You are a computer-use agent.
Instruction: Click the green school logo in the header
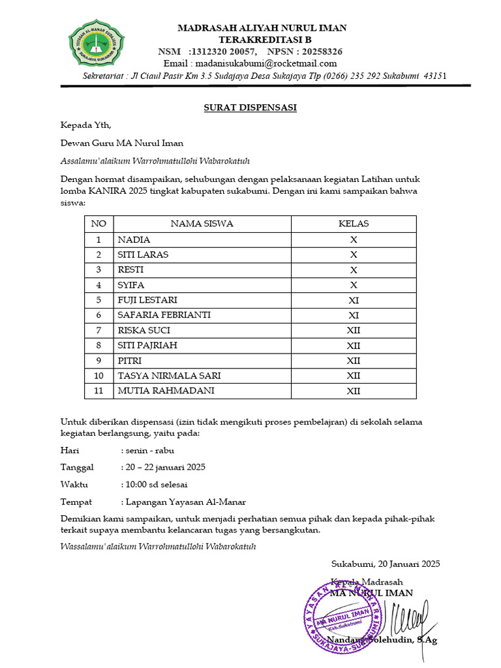coord(97,43)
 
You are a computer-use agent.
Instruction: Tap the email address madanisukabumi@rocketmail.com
coord(250,63)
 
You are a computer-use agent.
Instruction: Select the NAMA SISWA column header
coord(202,224)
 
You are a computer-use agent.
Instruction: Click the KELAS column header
coord(353,224)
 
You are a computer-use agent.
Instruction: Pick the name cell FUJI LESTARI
coord(147,300)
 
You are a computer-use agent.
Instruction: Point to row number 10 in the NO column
coord(99,376)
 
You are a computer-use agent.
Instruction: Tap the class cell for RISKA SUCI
coord(353,331)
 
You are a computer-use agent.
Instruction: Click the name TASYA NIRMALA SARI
coord(169,376)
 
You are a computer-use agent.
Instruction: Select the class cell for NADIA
coord(353,239)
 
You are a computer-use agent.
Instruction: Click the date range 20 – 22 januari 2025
coord(166,467)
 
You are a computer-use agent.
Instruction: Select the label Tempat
coord(76,502)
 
